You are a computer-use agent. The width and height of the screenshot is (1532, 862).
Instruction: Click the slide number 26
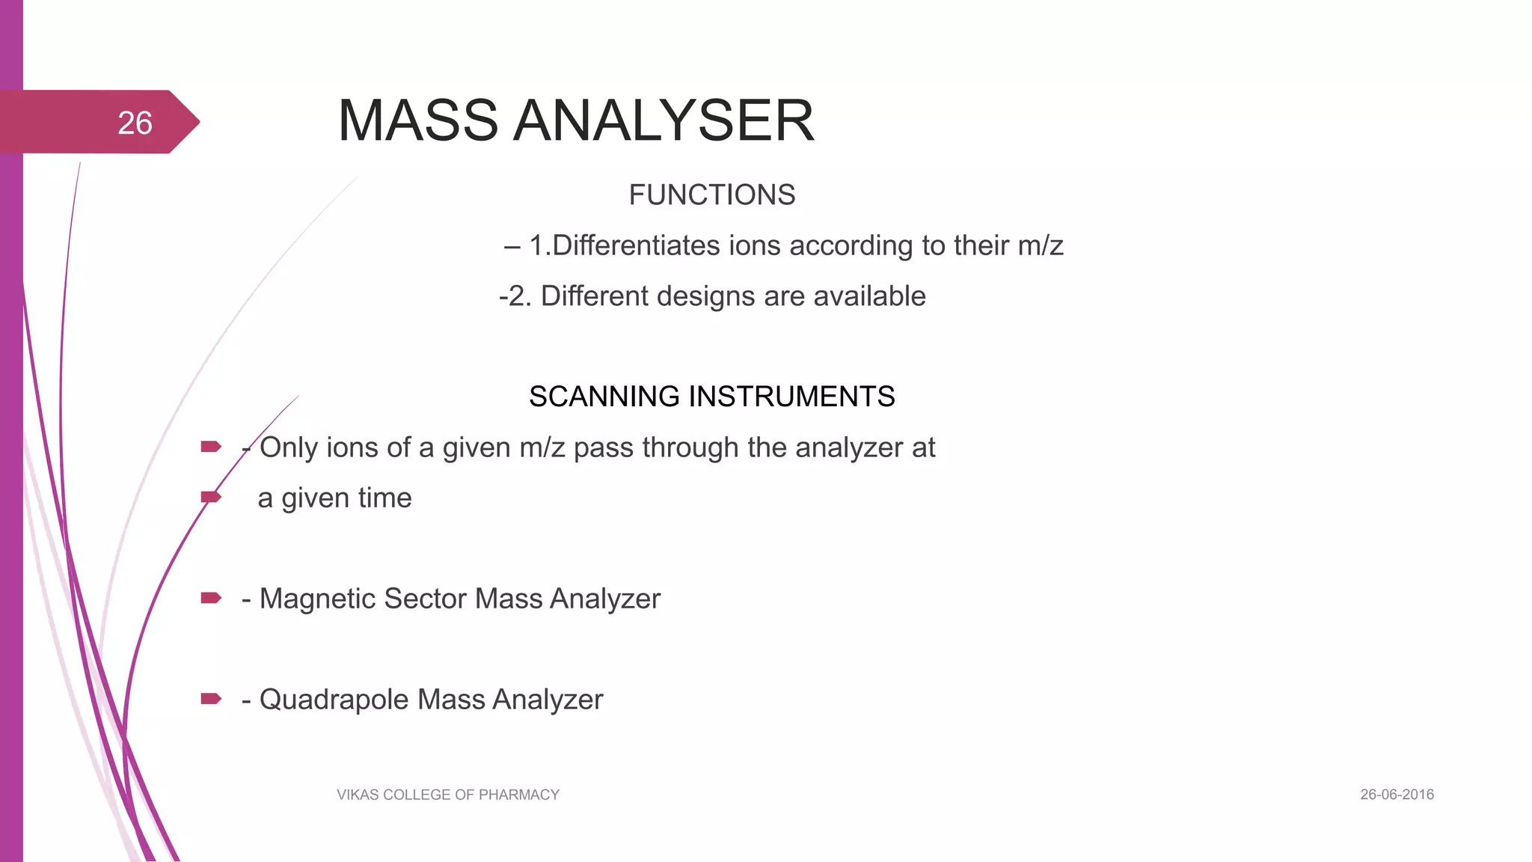point(135,123)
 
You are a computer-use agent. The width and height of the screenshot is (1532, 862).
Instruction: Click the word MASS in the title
point(417,120)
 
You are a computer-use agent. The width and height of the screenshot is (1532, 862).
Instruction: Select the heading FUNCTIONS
point(711,195)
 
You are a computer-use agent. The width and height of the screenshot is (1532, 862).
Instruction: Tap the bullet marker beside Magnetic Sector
point(211,598)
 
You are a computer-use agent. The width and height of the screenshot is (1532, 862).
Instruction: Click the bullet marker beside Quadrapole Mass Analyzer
point(211,699)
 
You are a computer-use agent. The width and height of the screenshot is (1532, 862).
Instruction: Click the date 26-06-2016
point(1397,795)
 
